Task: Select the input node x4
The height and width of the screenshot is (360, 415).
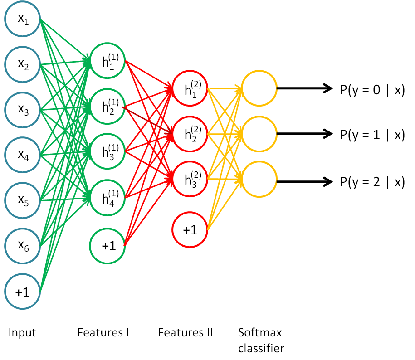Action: tap(23, 156)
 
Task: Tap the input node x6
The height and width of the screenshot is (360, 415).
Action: tap(23, 246)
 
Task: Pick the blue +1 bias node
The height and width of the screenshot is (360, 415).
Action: tap(23, 292)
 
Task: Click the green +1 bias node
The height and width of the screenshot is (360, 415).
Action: tap(108, 246)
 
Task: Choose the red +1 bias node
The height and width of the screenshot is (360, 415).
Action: tap(190, 230)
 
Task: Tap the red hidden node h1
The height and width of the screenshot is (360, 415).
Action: tap(190, 89)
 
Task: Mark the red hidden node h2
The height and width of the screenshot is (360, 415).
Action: tap(190, 134)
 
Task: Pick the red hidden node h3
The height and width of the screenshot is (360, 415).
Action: tap(190, 180)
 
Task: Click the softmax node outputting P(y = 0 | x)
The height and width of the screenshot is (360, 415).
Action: tap(259, 89)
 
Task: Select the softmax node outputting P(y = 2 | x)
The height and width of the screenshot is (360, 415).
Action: tap(259, 181)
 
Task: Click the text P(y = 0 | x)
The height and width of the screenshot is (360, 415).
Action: tap(372, 90)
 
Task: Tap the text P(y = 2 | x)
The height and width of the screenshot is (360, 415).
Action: tap(372, 182)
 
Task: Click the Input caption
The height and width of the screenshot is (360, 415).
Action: tap(22, 333)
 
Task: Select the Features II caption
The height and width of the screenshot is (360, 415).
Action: tap(185, 333)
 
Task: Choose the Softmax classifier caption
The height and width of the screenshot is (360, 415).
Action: tap(260, 340)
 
